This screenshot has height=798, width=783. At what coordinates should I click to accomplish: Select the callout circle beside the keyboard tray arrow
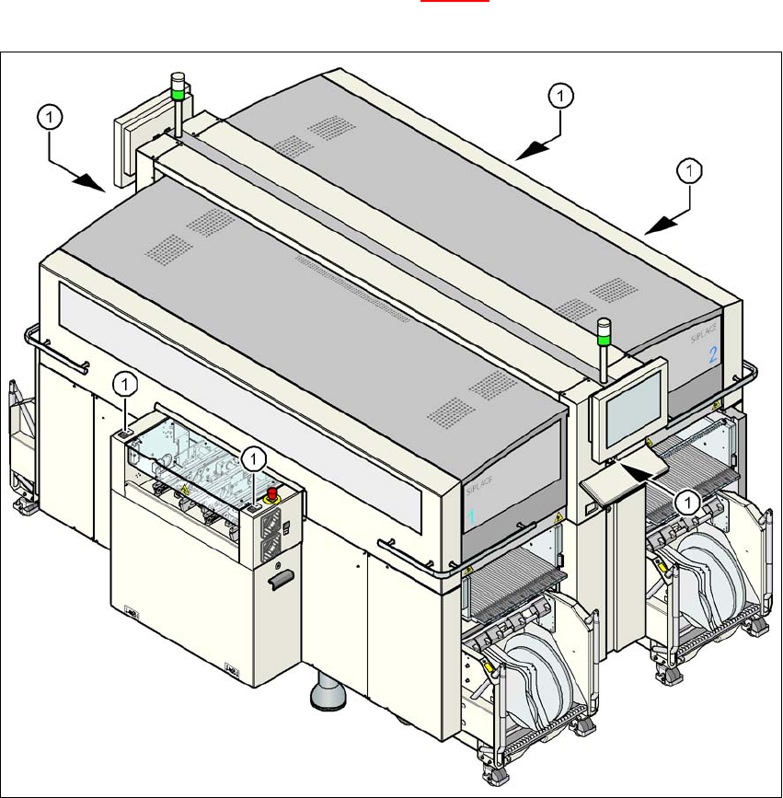(685, 501)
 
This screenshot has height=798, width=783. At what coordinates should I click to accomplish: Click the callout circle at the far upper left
(50, 116)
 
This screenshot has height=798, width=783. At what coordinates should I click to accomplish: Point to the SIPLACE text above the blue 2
(705, 333)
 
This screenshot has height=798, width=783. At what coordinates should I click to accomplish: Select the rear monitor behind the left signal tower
(128, 147)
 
